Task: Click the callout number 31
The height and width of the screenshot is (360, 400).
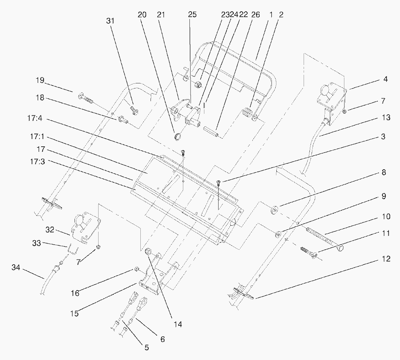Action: click(x=111, y=21)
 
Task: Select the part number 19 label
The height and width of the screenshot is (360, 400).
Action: click(x=40, y=80)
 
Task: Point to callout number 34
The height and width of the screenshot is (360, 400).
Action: click(x=16, y=268)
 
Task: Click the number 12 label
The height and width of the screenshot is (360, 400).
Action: click(x=386, y=259)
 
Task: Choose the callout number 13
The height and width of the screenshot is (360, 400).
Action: click(x=386, y=118)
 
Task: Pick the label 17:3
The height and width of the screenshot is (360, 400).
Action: click(x=37, y=162)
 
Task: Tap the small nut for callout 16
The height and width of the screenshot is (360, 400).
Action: click(x=136, y=269)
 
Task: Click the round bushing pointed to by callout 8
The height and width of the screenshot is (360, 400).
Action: click(x=274, y=209)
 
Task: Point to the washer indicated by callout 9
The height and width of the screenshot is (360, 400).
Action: click(x=278, y=234)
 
